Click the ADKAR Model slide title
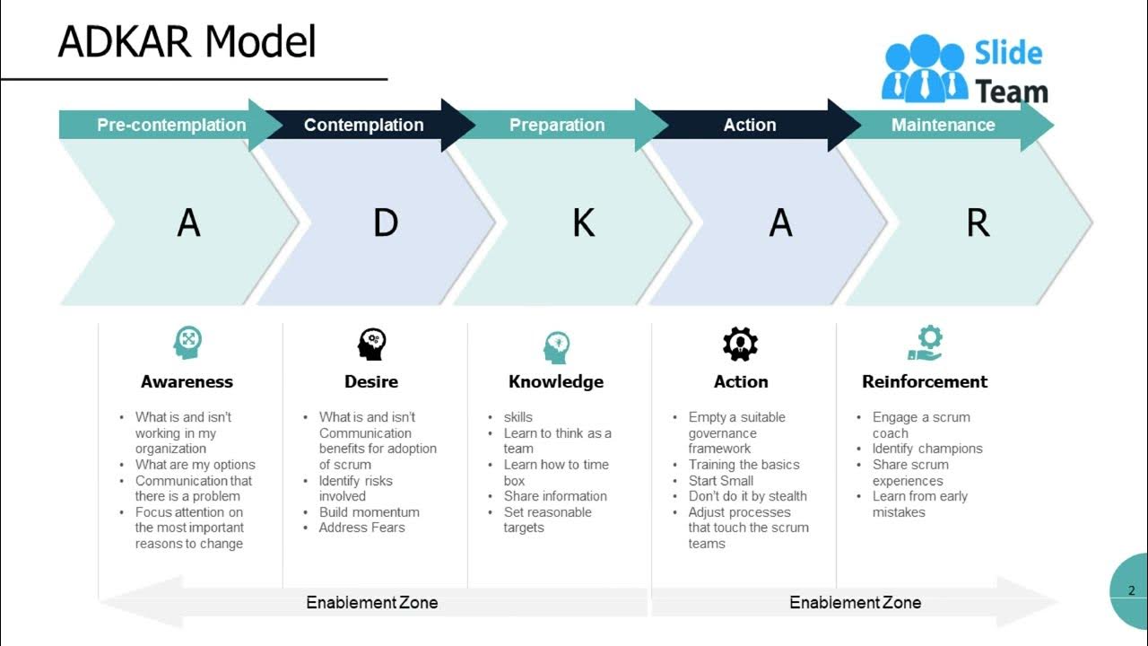coord(187,41)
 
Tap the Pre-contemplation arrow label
coord(171,125)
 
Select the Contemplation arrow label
coord(364,125)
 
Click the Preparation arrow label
coord(557,125)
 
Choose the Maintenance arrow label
coord(943,125)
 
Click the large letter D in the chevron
coord(386,223)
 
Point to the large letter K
coord(584,223)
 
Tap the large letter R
coord(978,223)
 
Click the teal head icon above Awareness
coord(187,343)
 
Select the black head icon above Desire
coord(371,344)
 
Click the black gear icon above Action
coord(740,344)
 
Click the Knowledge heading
coord(556,382)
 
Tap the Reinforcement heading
coord(925,381)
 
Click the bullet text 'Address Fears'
coord(361,528)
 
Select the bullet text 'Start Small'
coord(720,481)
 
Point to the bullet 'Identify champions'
coord(927,449)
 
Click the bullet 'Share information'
coord(555,496)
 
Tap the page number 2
coord(1132,590)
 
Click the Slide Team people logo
coord(925,68)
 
